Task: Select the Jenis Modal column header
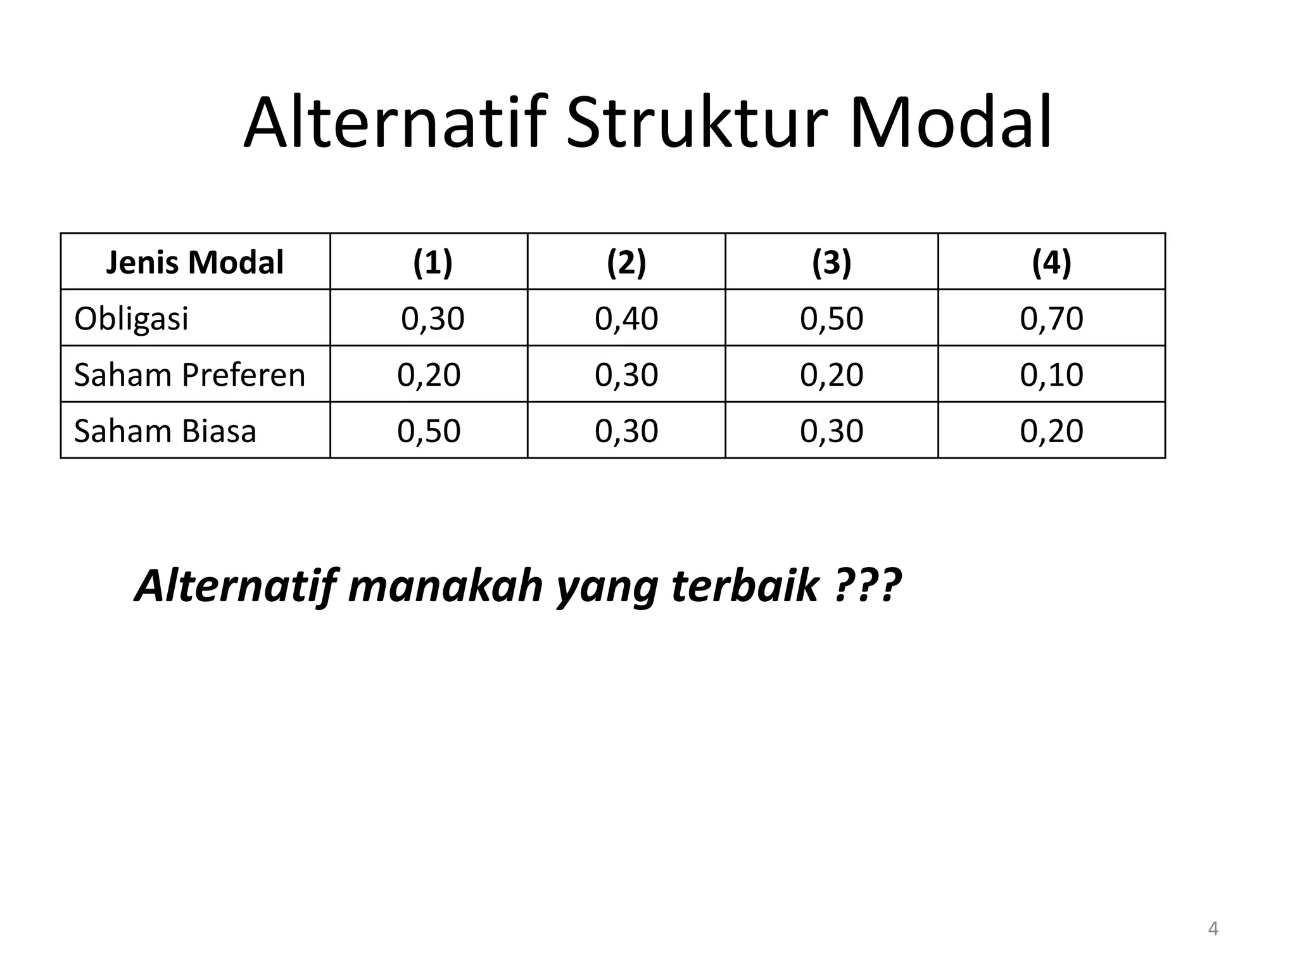click(x=195, y=262)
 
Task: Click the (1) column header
click(x=433, y=262)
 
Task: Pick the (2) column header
click(x=626, y=262)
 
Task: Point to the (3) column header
click(x=832, y=262)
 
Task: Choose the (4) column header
click(x=1051, y=262)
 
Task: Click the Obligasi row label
click(x=131, y=318)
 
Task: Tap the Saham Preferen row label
click(x=189, y=374)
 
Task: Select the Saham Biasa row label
click(x=165, y=431)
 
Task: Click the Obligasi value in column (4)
click(x=1051, y=318)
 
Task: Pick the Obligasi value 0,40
click(x=626, y=318)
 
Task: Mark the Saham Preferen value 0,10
click(x=1051, y=374)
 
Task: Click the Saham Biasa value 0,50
click(x=429, y=431)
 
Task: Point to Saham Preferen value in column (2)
click(x=626, y=374)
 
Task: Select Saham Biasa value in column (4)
click(x=1051, y=431)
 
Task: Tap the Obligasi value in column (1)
click(x=433, y=318)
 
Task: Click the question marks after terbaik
click(x=868, y=585)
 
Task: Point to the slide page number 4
click(x=1213, y=929)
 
